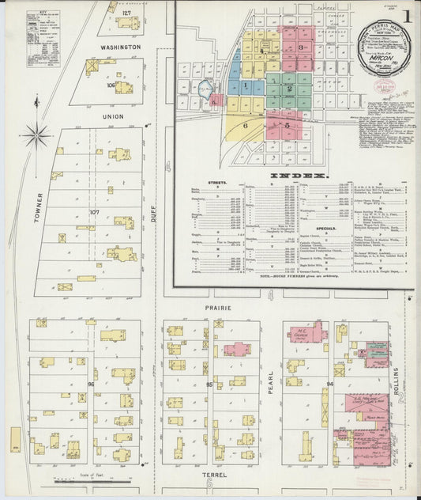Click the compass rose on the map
[x=36, y=136]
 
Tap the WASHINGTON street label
[x=119, y=47]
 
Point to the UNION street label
[x=113, y=116]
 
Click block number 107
[x=95, y=212]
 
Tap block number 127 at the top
[x=126, y=13]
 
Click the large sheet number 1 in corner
[x=405, y=17]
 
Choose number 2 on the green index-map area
[x=289, y=89]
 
